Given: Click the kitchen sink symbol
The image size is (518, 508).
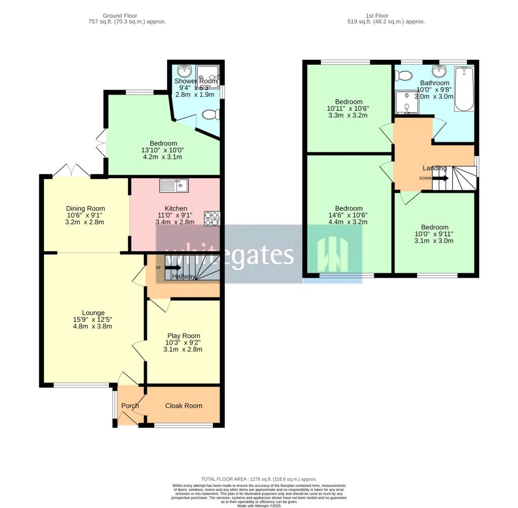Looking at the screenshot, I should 174,186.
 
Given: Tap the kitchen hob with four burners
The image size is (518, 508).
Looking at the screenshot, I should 211,218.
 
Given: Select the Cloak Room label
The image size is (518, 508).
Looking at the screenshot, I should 184,405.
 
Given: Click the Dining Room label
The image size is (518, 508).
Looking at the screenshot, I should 85,208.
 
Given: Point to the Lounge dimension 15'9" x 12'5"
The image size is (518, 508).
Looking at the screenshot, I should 92,319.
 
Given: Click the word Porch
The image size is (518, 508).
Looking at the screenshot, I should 130,405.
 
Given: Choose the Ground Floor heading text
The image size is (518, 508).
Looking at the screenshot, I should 119,16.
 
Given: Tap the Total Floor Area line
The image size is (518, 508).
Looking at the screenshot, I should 258,479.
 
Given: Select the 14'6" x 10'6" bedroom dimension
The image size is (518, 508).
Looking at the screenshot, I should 349,215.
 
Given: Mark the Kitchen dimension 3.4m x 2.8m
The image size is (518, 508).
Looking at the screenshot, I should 176,222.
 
